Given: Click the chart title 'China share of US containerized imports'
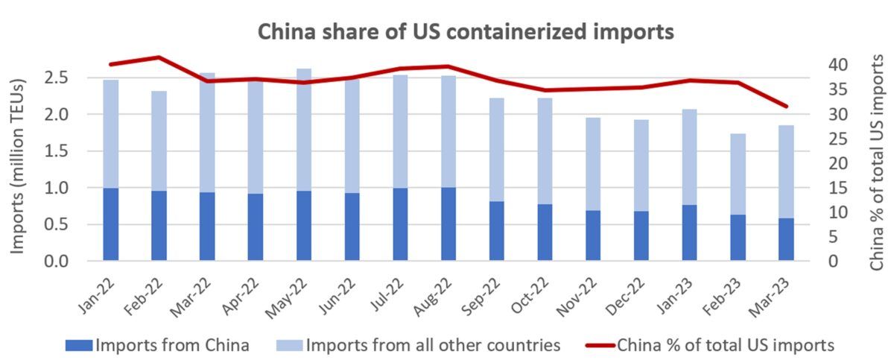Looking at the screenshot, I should (x=465, y=33).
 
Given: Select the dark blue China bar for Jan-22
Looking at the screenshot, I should (x=110, y=224).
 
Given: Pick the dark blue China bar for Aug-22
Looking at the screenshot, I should (x=448, y=224).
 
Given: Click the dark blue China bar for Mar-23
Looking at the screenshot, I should (x=786, y=239).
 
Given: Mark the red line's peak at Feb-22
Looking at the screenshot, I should (x=159, y=57).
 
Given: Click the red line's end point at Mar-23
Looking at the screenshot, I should (x=786, y=106).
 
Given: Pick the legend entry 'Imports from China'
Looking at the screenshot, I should (x=171, y=345).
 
